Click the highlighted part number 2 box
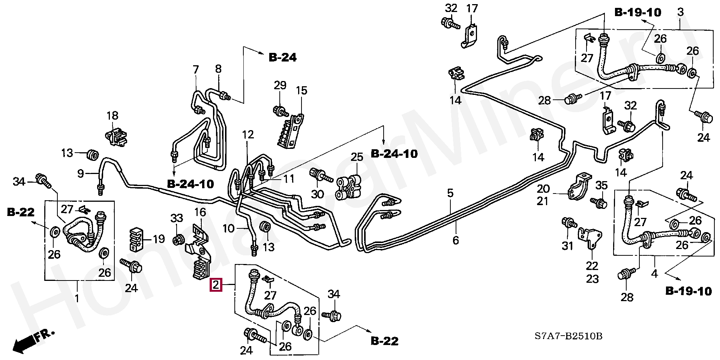[x=216, y=285]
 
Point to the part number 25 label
[x=357, y=157]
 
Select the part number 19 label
[x=159, y=239]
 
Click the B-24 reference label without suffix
[x=283, y=57]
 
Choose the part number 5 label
[x=450, y=193]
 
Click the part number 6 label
[x=456, y=240]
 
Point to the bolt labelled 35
[x=599, y=202]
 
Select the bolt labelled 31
[x=569, y=223]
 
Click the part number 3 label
[x=680, y=12]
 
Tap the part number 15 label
[x=301, y=90]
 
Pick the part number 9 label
[x=81, y=174]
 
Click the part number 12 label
[x=248, y=135]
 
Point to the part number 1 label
[x=77, y=298]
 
